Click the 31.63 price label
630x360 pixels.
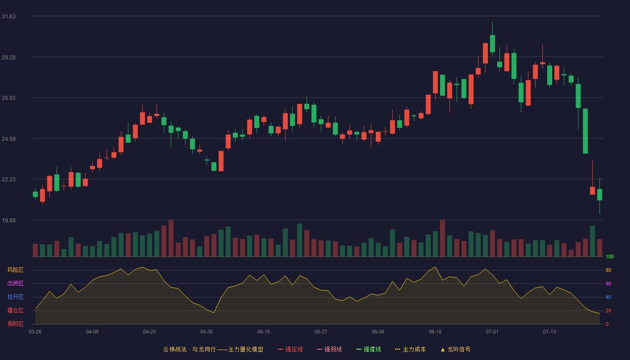(x=9, y=17)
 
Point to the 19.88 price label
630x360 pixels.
(x=9, y=220)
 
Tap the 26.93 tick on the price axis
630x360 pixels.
(x=9, y=98)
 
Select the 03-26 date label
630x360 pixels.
(x=35, y=332)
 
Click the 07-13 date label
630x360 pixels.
(x=549, y=332)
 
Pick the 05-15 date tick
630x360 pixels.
(x=264, y=332)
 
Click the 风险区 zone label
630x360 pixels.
(x=15, y=270)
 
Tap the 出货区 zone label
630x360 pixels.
(x=15, y=283)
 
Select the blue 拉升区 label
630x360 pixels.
(x=15, y=297)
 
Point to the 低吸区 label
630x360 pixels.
(x=15, y=324)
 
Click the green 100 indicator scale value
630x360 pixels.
(x=610, y=256)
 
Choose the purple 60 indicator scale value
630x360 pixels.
(x=608, y=283)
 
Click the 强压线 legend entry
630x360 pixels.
(x=290, y=349)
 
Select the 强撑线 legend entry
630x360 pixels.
(x=369, y=349)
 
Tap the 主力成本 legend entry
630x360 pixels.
(x=410, y=349)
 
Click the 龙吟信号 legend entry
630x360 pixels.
(x=455, y=349)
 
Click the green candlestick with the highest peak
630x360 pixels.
(x=492, y=44)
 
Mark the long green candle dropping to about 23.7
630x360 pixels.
(x=585, y=131)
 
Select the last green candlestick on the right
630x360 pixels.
(x=599, y=194)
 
